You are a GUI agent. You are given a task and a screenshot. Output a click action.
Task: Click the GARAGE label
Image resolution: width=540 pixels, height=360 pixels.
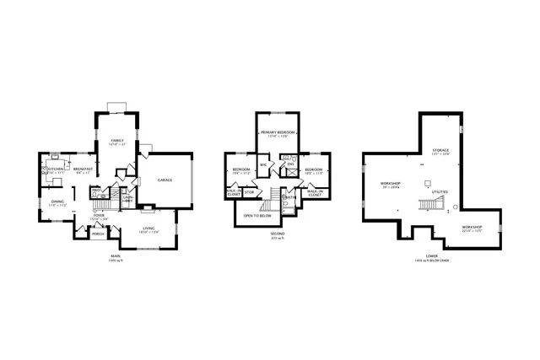(x=165, y=180)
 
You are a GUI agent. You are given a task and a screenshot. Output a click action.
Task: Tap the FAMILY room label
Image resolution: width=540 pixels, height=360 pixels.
(x=117, y=140)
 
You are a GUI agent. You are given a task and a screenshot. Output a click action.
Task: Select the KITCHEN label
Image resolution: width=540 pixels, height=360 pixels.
(x=56, y=169)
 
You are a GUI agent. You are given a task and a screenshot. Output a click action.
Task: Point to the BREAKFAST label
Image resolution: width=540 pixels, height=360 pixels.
(x=83, y=169)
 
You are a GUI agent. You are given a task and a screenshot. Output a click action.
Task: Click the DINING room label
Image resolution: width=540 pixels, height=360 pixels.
(x=57, y=201)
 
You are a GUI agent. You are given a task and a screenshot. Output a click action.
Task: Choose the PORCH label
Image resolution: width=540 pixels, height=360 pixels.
(x=97, y=234)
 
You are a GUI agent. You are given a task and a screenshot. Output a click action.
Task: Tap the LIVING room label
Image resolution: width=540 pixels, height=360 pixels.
(x=148, y=228)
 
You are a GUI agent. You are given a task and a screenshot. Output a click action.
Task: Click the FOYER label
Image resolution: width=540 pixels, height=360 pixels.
(x=99, y=215)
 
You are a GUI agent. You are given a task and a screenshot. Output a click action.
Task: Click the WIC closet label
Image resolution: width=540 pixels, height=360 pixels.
(x=263, y=164)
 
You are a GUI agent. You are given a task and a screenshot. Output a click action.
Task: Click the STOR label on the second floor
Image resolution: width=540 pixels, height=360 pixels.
(x=250, y=192)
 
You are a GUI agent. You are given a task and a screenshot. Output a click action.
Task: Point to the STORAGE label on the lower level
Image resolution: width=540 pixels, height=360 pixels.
(x=440, y=150)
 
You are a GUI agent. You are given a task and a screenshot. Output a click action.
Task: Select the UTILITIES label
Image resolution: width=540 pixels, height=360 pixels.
(x=440, y=191)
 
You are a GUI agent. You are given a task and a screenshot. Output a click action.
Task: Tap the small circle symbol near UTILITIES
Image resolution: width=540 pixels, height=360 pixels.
(x=456, y=207)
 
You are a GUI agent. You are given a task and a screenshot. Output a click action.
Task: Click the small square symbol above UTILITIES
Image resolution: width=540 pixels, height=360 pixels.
(x=428, y=182)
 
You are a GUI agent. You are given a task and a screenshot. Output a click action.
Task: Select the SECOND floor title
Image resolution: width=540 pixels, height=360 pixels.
(x=277, y=234)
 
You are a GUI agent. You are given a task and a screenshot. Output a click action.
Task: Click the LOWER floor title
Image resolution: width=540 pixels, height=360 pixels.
(x=431, y=255)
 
